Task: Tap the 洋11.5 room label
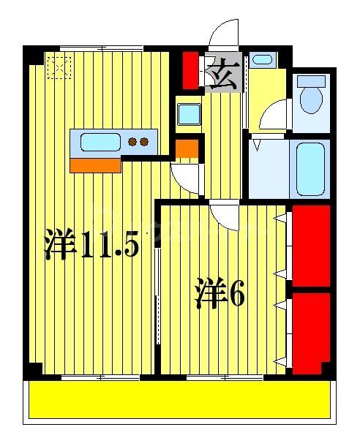coord(91,245)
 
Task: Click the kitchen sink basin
coord(100,142)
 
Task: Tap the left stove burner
coord(133,142)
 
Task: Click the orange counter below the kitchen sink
coord(95,165)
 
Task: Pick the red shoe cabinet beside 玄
coord(190,69)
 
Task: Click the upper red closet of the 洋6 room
coord(310,245)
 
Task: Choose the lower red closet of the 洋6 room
coord(310,333)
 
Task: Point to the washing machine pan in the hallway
coord(190,113)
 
